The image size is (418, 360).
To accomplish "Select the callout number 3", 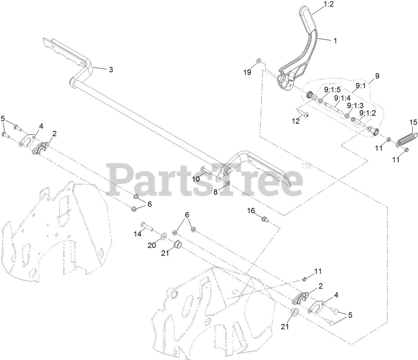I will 111,69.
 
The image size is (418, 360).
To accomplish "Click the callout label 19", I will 247,72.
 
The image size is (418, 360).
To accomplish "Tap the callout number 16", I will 251,211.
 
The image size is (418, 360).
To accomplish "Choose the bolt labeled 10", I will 207,171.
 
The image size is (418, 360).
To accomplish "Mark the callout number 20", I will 152,245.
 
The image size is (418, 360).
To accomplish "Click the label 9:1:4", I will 343,98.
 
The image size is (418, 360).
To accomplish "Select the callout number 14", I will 138,234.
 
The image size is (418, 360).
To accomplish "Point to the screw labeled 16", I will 264,218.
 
